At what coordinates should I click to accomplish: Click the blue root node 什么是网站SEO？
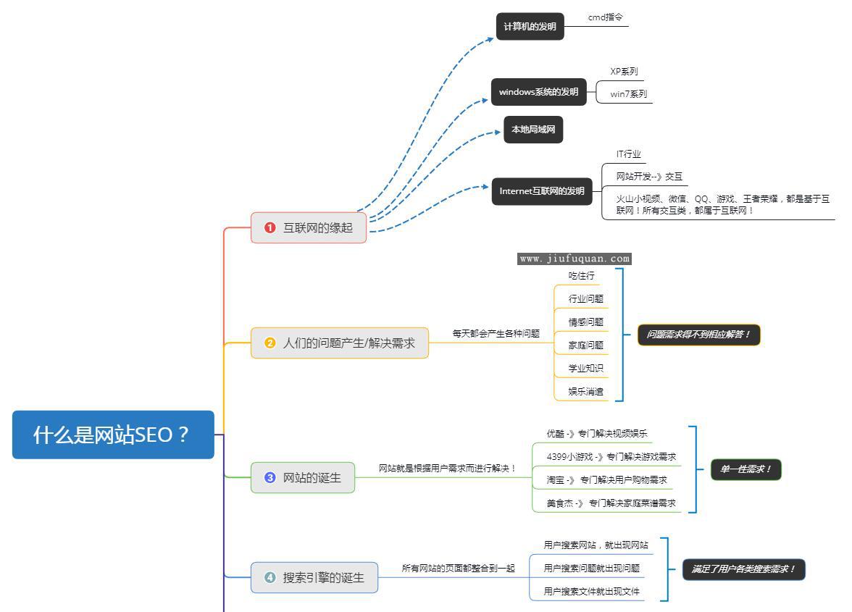(x=113, y=435)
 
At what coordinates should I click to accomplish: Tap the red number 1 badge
(x=270, y=227)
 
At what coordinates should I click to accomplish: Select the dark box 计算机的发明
(x=530, y=27)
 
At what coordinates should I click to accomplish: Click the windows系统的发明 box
(x=538, y=92)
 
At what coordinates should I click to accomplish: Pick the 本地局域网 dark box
(x=533, y=130)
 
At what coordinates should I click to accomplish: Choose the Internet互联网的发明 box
(x=541, y=191)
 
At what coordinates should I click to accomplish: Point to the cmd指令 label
(x=605, y=17)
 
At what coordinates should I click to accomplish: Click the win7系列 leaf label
(x=628, y=94)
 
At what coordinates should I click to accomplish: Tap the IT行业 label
(x=628, y=154)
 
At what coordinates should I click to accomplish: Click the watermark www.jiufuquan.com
(x=575, y=259)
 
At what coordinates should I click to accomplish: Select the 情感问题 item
(x=585, y=322)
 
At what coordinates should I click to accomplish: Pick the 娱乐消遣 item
(x=585, y=391)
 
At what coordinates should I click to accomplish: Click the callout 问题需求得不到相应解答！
(x=698, y=335)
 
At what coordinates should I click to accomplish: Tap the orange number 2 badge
(x=270, y=343)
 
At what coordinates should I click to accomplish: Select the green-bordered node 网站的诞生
(x=303, y=478)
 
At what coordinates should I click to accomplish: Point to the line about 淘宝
(x=606, y=479)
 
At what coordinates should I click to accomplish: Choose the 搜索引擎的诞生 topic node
(x=314, y=577)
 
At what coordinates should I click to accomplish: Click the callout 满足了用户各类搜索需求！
(x=743, y=569)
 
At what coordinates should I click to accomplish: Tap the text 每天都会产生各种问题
(x=496, y=334)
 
